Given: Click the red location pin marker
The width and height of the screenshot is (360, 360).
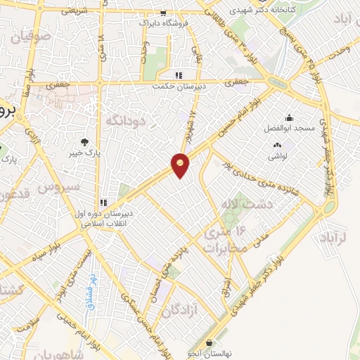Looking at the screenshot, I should pyautogui.click(x=181, y=165).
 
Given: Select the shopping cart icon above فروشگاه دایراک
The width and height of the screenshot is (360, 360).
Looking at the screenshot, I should pyautogui.click(x=163, y=13).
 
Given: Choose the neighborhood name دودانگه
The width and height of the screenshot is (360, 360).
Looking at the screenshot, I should pyautogui.click(x=124, y=121).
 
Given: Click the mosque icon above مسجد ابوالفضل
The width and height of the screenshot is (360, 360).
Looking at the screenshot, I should pyautogui.click(x=288, y=117).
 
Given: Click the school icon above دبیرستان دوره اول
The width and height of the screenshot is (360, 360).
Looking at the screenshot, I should pyautogui.click(x=104, y=202).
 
